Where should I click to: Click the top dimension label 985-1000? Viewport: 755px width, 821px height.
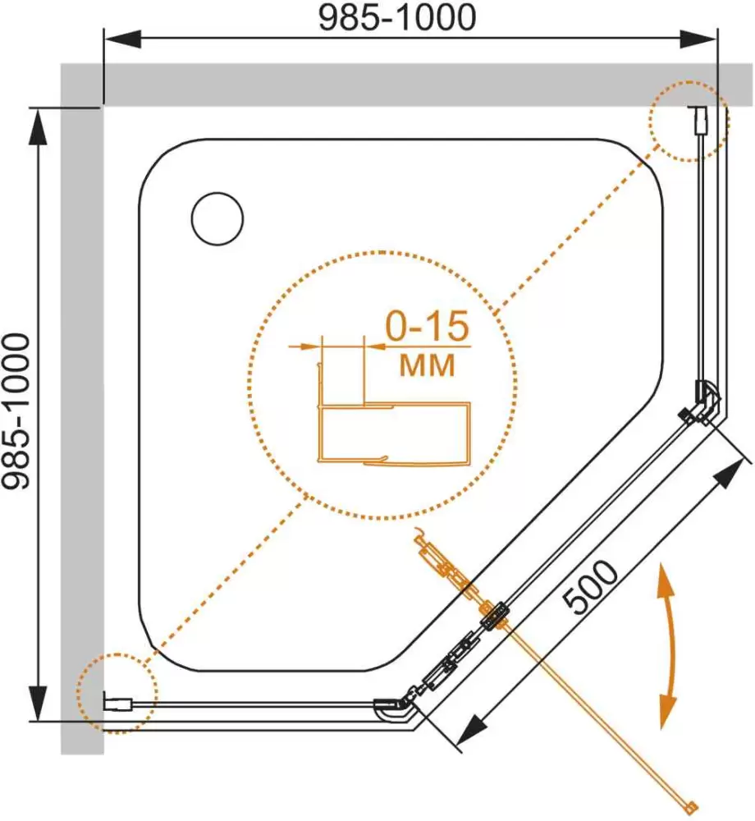[397, 17]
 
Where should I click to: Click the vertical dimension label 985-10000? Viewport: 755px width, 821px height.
[16, 411]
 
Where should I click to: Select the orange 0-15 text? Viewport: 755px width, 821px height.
[427, 326]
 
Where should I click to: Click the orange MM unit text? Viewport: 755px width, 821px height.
[427, 365]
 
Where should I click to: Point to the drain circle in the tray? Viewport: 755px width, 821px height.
[217, 218]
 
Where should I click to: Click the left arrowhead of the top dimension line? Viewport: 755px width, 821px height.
[122, 39]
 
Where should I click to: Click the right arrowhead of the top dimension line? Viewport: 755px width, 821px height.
[698, 39]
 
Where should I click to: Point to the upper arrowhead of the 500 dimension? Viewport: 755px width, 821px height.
[730, 474]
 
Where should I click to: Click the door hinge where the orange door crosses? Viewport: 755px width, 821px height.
[494, 616]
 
